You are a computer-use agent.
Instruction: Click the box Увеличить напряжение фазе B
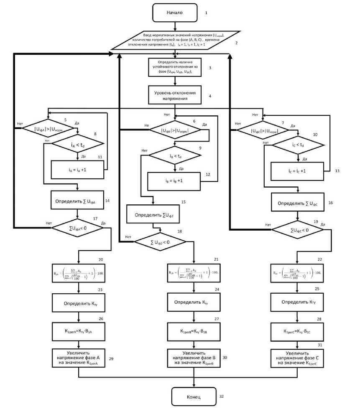[194, 358]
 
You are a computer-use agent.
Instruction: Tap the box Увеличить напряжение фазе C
[297, 358]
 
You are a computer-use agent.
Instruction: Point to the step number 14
[107, 201]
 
